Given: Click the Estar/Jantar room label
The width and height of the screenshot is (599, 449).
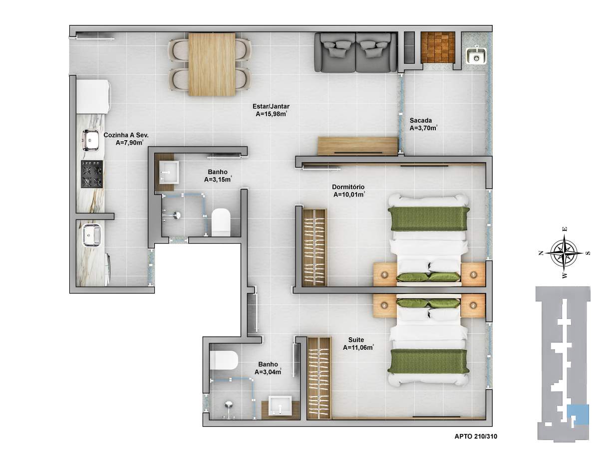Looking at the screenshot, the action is pos(271,106).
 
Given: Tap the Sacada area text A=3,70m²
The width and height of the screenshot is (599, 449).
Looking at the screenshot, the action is pos(423,128).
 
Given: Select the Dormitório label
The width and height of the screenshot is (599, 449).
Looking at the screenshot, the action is pos(348,187).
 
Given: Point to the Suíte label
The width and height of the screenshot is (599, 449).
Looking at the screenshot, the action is pos(356,340).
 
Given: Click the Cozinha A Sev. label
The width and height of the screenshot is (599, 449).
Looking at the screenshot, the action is pos(126,135).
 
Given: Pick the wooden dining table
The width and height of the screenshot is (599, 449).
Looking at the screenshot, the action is pos(212,64).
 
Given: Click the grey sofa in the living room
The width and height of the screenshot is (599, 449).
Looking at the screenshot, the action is pos(355,52).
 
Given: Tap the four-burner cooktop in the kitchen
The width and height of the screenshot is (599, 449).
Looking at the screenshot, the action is pos(92,174).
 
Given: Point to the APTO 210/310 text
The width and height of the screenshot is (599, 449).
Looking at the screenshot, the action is pos(476,436).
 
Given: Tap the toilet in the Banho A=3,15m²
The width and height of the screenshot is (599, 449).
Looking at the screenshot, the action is pos(221,222).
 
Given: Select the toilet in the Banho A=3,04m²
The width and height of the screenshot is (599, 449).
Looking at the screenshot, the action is pos(224,360).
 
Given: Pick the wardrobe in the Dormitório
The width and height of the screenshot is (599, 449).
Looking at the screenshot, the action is pos(314,247).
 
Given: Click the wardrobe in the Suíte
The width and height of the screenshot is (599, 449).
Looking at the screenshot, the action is pos(319,378).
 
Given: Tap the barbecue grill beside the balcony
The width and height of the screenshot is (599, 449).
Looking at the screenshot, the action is pos(438,47).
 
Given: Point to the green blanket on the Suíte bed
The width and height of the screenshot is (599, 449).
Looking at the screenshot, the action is pos(428,361).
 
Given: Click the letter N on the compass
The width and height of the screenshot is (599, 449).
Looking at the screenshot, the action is pos(541,253).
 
